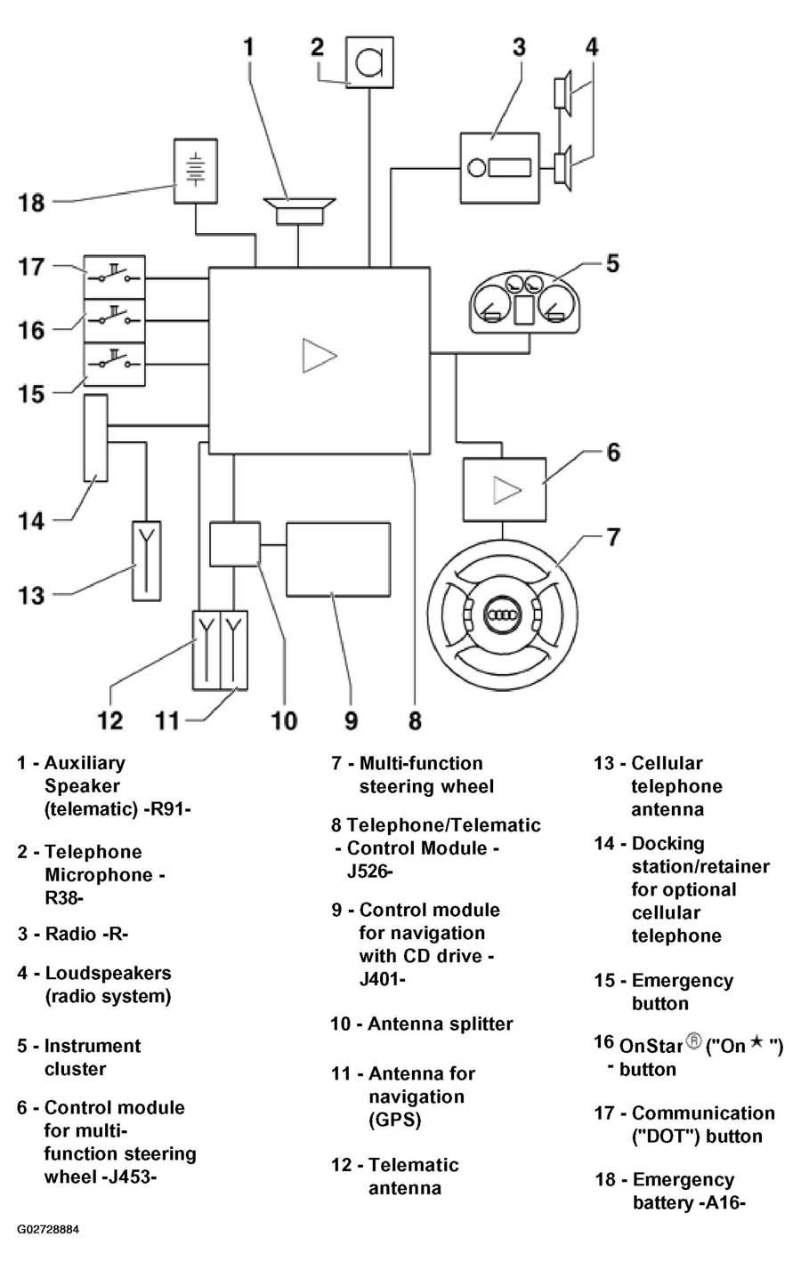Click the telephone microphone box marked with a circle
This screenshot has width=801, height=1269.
pyautogui.click(x=369, y=62)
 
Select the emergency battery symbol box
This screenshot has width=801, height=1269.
pyautogui.click(x=196, y=171)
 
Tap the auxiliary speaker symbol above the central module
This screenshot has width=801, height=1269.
pyautogui.click(x=299, y=212)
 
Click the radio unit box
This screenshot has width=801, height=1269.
pyautogui.click(x=499, y=168)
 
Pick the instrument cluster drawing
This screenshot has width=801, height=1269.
pyautogui.click(x=524, y=304)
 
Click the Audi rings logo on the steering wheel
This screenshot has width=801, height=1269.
pyautogui.click(x=502, y=614)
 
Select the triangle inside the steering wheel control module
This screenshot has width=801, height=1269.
pyautogui.click(x=506, y=490)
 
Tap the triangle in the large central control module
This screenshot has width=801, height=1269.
pyautogui.click(x=320, y=356)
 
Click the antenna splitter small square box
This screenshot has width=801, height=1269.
pyautogui.click(x=235, y=544)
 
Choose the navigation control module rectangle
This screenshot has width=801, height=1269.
pyautogui.click(x=338, y=559)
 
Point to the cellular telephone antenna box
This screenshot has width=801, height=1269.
pyautogui.click(x=146, y=561)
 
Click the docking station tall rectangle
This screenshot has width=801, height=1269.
pyautogui.click(x=96, y=438)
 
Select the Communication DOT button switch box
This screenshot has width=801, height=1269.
pyautogui.click(x=115, y=277)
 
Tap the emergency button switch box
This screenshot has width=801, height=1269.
pyautogui.click(x=115, y=365)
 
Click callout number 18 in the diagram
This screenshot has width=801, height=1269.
pyautogui.click(x=31, y=202)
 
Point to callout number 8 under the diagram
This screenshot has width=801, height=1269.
pyautogui.click(x=415, y=720)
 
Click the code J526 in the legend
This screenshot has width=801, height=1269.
pyautogui.click(x=370, y=871)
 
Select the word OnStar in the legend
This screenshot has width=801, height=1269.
pyautogui.click(x=651, y=1046)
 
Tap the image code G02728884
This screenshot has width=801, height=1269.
pyautogui.click(x=48, y=1229)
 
